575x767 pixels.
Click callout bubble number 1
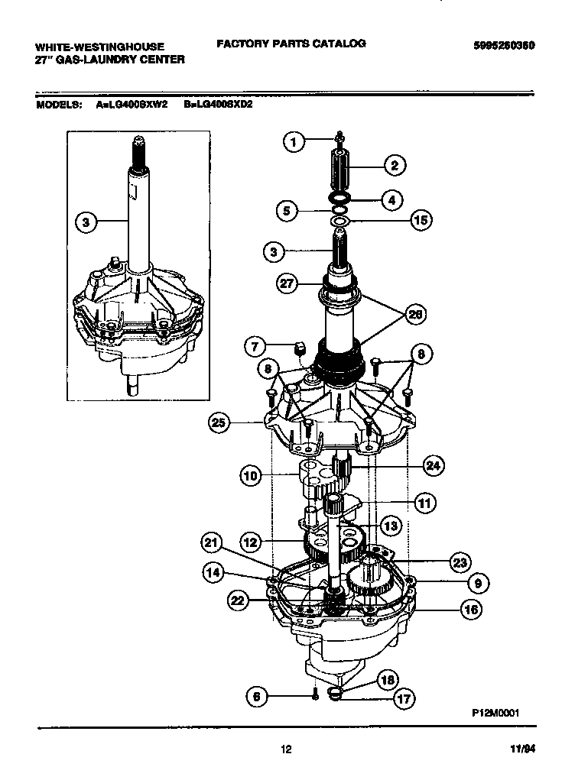[x=294, y=141]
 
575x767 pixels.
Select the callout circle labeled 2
[x=395, y=164]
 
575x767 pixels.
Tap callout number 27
[x=286, y=283]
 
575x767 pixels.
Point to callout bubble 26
[x=415, y=313]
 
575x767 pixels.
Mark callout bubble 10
[x=251, y=477]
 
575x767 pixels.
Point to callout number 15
[x=421, y=221]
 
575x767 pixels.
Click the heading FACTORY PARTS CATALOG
[x=291, y=44]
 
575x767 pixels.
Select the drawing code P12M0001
[x=495, y=710]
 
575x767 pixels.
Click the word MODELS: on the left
[x=60, y=105]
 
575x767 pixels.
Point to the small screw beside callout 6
[x=315, y=694]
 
